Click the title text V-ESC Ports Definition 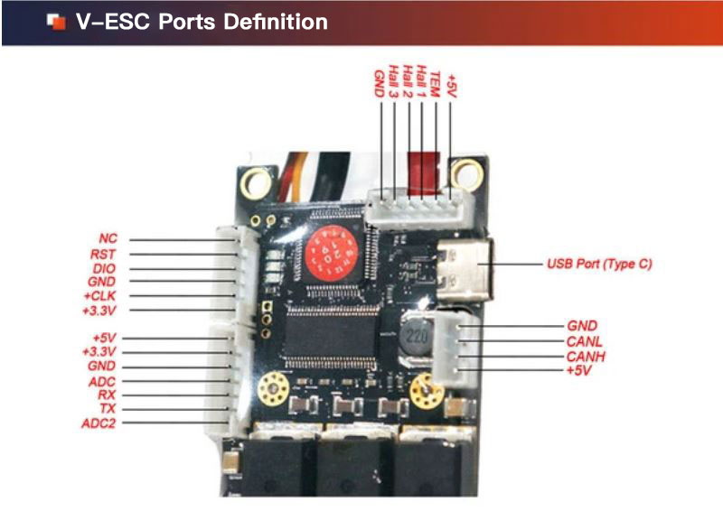(202, 22)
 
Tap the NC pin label (108, 238)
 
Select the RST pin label (104, 255)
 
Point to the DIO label (105, 268)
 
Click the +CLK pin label (100, 296)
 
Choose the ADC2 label (99, 423)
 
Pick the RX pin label (107, 395)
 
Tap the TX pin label (107, 409)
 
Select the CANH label (585, 357)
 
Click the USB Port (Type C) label (599, 265)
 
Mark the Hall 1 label (422, 81)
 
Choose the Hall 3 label (395, 81)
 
